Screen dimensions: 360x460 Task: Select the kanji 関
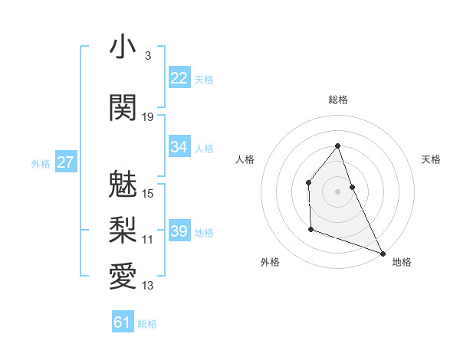123,107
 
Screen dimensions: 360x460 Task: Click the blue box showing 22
179,78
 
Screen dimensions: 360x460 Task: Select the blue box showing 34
179,147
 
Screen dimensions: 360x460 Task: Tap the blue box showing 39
179,231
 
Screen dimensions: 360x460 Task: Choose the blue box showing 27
66,162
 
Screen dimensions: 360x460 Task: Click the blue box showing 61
122,322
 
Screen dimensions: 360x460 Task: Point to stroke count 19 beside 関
148,116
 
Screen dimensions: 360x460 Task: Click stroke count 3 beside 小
147,56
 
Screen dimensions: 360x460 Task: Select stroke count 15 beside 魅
148,193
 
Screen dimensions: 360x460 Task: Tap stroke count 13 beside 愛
148,286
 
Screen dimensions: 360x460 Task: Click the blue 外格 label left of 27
40,163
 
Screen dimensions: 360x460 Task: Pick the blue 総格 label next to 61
147,324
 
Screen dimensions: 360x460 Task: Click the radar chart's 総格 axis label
337,100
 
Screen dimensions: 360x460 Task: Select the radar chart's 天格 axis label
431,159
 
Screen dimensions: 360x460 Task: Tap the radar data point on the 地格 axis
383,254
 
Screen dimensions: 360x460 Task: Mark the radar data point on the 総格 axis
337,146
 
